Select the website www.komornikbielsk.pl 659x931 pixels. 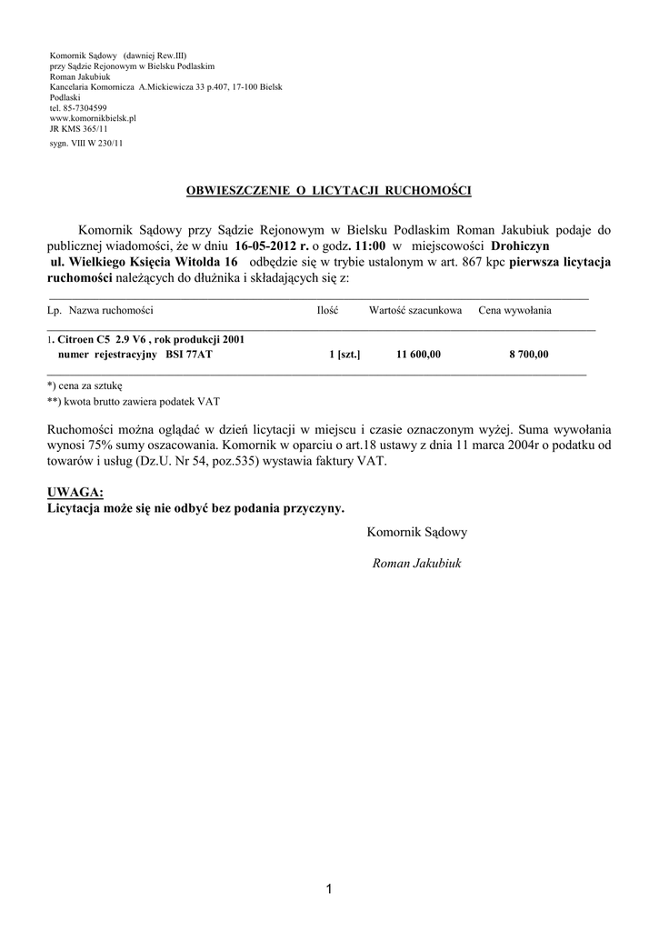[93, 118]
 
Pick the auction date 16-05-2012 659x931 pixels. [270, 245]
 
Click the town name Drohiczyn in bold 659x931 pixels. [521, 245]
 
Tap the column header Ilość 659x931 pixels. [327, 311]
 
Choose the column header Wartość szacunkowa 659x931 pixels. [415, 311]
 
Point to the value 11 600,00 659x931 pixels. [418, 355]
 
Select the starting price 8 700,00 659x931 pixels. [528, 355]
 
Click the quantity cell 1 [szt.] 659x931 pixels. [344, 355]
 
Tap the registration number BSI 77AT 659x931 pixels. [190, 355]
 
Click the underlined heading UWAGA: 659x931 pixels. [75, 492]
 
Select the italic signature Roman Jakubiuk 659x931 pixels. [417, 564]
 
